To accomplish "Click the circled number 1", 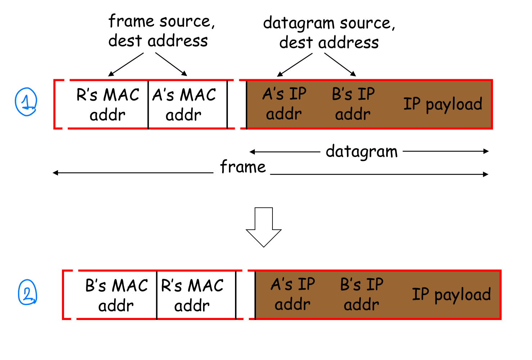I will (x=26, y=102).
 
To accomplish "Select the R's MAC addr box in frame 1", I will (x=108, y=104).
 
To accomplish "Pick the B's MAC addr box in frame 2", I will (x=116, y=295).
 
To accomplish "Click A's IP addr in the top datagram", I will (x=284, y=104).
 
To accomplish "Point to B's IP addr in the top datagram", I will (x=353, y=104).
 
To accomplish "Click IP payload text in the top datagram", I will (x=442, y=104).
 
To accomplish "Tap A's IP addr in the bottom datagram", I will (x=293, y=294).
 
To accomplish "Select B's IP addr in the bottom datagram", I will (x=362, y=294).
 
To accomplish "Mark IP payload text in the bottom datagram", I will (x=451, y=294).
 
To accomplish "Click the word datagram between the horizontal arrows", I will (x=361, y=152).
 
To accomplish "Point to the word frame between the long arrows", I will (x=243, y=167).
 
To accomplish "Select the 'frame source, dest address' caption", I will (x=161, y=31).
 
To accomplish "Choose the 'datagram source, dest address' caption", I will (x=329, y=32).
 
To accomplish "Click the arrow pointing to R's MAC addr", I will (x=126, y=64).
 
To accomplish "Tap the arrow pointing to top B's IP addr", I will (x=340, y=64).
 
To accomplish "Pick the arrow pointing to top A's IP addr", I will (x=295, y=65).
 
